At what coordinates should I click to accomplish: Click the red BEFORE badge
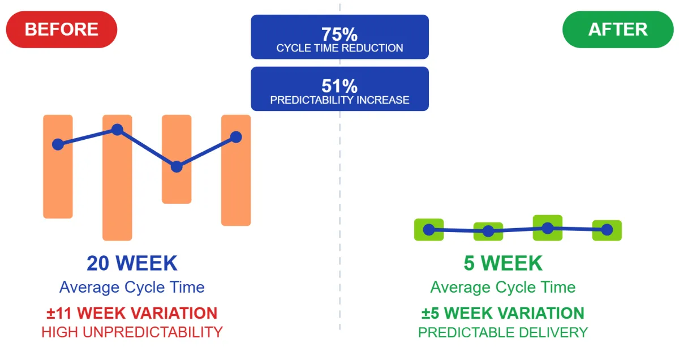62,29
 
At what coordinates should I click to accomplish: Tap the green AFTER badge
618,29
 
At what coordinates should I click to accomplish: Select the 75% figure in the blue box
339,35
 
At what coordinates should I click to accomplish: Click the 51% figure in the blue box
339,86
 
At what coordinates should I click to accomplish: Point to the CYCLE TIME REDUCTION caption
339,48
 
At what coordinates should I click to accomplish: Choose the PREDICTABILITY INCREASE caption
339,100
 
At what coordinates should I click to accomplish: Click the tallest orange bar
117,178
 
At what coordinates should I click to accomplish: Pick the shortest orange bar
177,159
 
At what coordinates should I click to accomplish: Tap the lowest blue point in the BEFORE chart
177,166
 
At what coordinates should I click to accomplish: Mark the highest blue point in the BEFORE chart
117,130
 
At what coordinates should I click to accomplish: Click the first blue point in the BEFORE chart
58,144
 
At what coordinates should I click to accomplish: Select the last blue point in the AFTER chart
607,230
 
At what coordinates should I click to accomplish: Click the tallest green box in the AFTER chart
548,228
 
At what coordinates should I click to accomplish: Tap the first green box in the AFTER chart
429,230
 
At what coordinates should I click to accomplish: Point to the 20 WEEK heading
132,263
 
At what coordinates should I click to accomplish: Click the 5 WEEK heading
503,263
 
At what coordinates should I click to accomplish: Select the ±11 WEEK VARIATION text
132,313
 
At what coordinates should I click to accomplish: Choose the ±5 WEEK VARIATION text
503,313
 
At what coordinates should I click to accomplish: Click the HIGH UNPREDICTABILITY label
132,332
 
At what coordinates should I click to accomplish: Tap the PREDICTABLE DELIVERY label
503,332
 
